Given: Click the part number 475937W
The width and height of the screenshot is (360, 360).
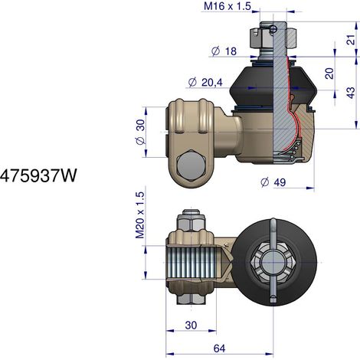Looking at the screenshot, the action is [38, 175].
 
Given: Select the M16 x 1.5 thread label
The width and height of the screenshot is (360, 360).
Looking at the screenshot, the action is [227, 6].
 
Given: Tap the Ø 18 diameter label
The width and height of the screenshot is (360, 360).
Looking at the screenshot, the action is [224, 51].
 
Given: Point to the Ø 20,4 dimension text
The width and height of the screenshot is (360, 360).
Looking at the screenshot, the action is [205, 83].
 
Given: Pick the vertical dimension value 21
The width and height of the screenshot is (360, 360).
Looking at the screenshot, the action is [352, 39].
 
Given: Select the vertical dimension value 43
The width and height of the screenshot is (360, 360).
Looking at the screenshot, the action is [352, 93].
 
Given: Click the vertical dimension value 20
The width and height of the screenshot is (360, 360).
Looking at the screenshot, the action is [329, 74].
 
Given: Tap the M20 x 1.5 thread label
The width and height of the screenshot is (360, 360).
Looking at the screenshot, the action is [140, 215].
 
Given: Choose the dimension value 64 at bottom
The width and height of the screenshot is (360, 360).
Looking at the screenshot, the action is [219, 349].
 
